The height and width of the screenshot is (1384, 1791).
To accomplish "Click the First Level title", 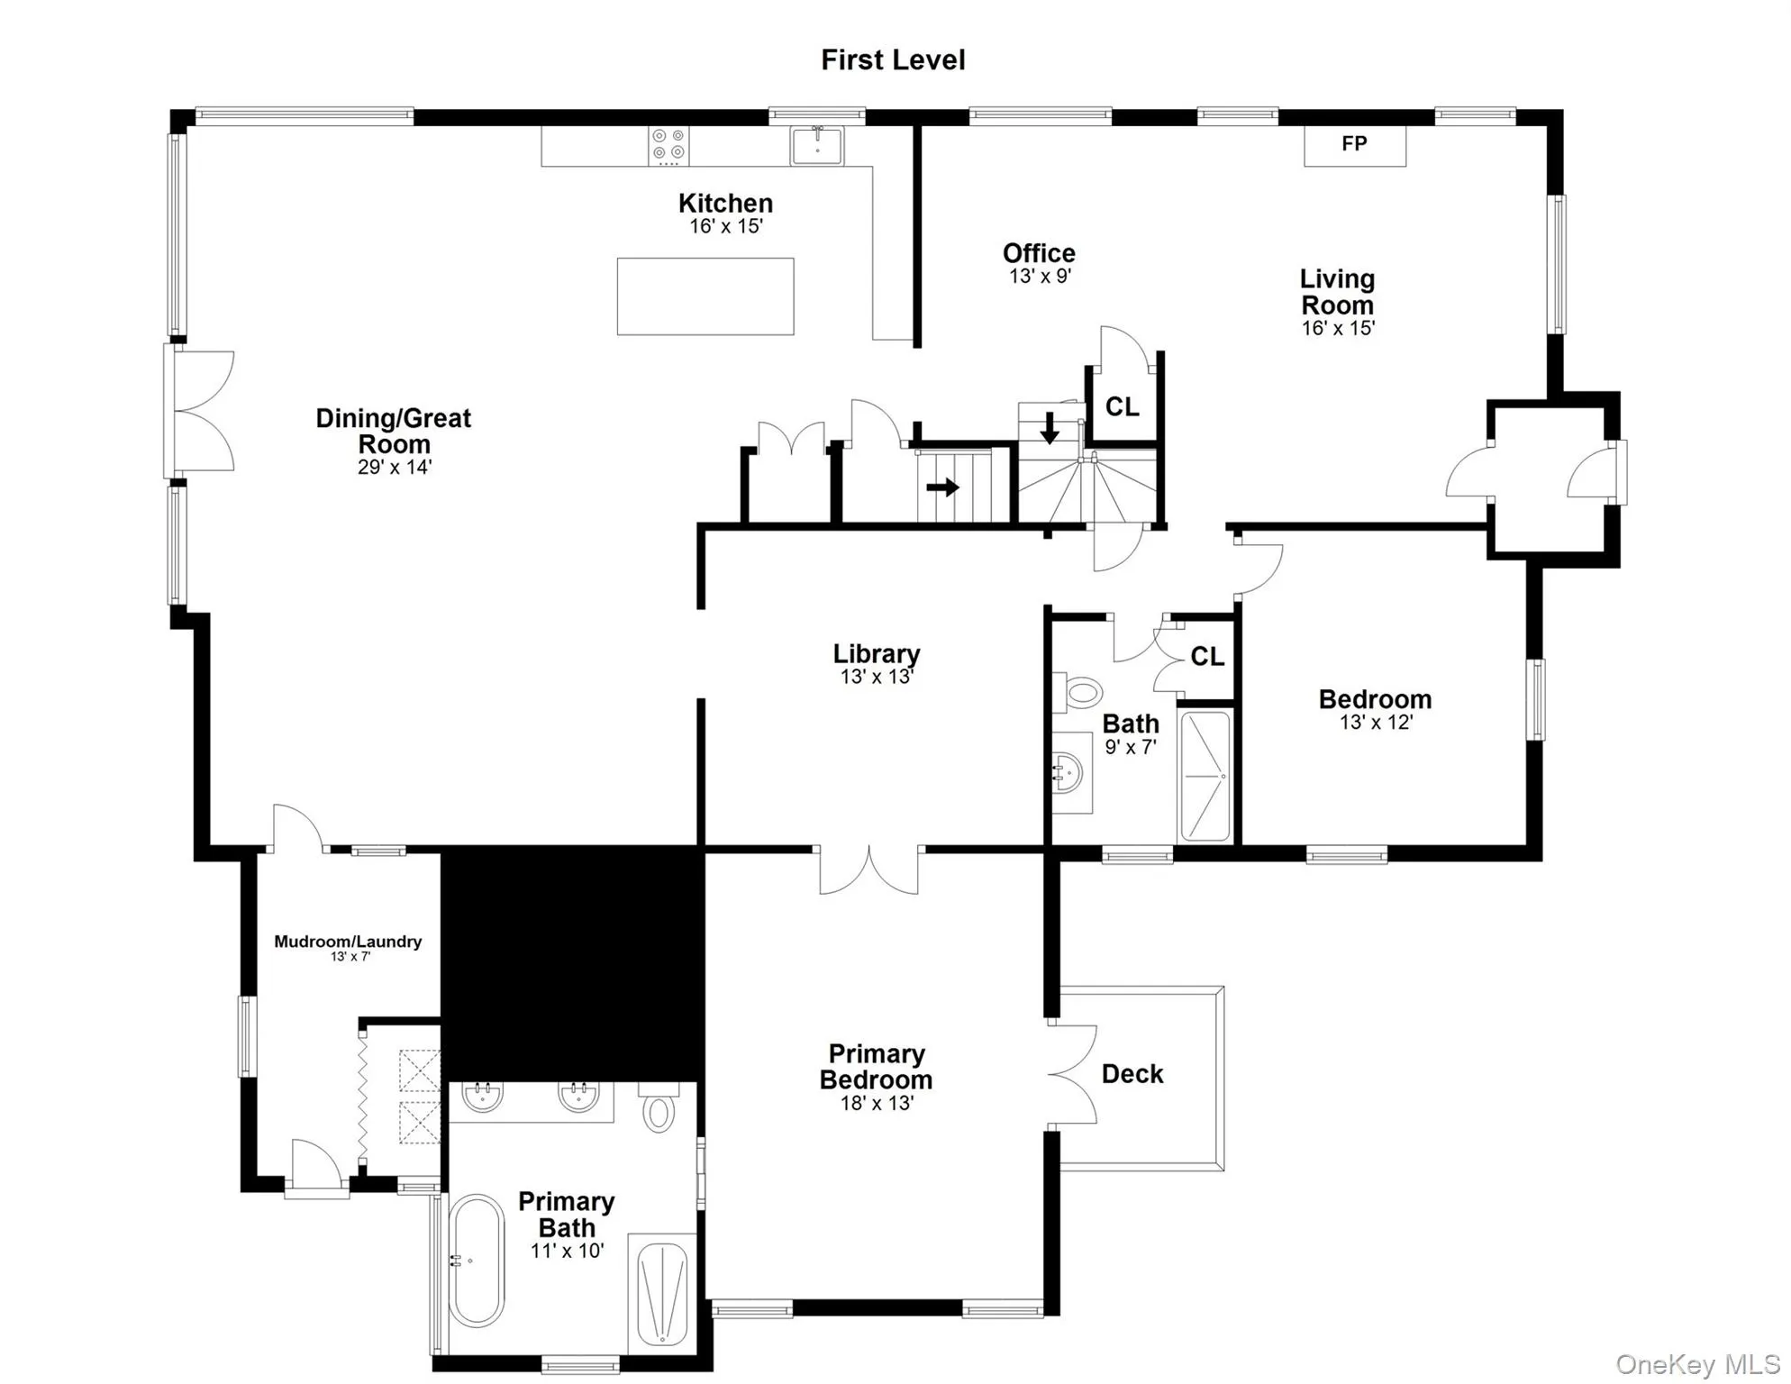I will pos(893,60).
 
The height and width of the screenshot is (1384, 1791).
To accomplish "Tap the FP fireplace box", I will pos(1354,145).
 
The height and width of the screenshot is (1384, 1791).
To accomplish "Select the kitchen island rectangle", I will pos(705,296).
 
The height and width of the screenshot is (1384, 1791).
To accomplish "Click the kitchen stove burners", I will pos(668,146).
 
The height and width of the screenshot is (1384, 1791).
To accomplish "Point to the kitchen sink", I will pos(817,146).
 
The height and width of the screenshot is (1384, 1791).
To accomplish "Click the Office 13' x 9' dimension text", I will pos(1040,277).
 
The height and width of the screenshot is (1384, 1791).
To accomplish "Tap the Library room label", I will pos(876,654).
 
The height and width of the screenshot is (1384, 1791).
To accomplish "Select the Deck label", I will pos(1132,1074).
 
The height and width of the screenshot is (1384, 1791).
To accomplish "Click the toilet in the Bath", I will pos(1080,693).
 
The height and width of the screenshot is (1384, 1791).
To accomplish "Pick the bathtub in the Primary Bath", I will pos(476,1261).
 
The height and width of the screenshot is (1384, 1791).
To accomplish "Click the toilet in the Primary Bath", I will pos(659,1110).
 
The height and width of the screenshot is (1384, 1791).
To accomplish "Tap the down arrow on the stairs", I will pos(1050,428).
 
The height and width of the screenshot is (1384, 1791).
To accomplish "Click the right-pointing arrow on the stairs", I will pos(942,488).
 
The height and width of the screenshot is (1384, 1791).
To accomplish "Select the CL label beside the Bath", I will pos(1207,657).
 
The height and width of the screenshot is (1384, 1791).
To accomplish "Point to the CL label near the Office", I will pos(1122,407).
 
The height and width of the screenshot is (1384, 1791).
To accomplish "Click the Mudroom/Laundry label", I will pos(348,942).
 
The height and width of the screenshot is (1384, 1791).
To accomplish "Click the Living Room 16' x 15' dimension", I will pos(1338,329).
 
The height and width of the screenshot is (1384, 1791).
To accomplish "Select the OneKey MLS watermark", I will pos(1697,1364).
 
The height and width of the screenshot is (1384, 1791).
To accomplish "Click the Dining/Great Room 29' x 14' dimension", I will pos(394,468).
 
